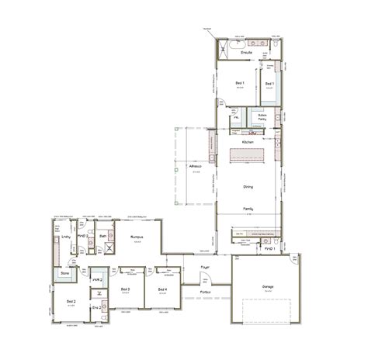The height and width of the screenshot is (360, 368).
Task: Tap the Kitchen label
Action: (x=248, y=144)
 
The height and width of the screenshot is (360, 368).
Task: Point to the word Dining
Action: (x=248, y=186)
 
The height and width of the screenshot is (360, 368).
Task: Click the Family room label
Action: (x=248, y=210)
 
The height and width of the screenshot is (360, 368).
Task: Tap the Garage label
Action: (x=267, y=286)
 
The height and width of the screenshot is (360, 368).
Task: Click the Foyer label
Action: (x=205, y=268)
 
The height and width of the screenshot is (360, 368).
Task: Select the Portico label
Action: (x=205, y=291)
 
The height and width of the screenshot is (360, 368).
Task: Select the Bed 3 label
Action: (x=125, y=289)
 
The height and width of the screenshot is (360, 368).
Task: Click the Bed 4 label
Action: (x=162, y=289)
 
